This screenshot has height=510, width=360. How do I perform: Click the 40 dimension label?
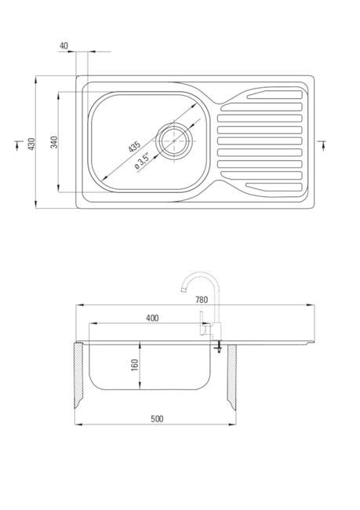64,46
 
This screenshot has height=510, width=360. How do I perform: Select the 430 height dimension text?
31,144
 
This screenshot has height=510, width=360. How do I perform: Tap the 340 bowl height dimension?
54,142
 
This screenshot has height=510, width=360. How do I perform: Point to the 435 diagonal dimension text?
134,147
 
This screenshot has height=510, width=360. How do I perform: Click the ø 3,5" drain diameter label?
142,161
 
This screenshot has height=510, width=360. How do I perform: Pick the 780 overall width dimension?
202,300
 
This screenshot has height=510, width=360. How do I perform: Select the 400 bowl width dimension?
152,318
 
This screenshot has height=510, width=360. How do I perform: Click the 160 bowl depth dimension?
134,365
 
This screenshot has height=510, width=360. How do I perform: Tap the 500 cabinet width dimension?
157,419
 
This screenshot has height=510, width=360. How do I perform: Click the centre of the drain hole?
174,140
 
